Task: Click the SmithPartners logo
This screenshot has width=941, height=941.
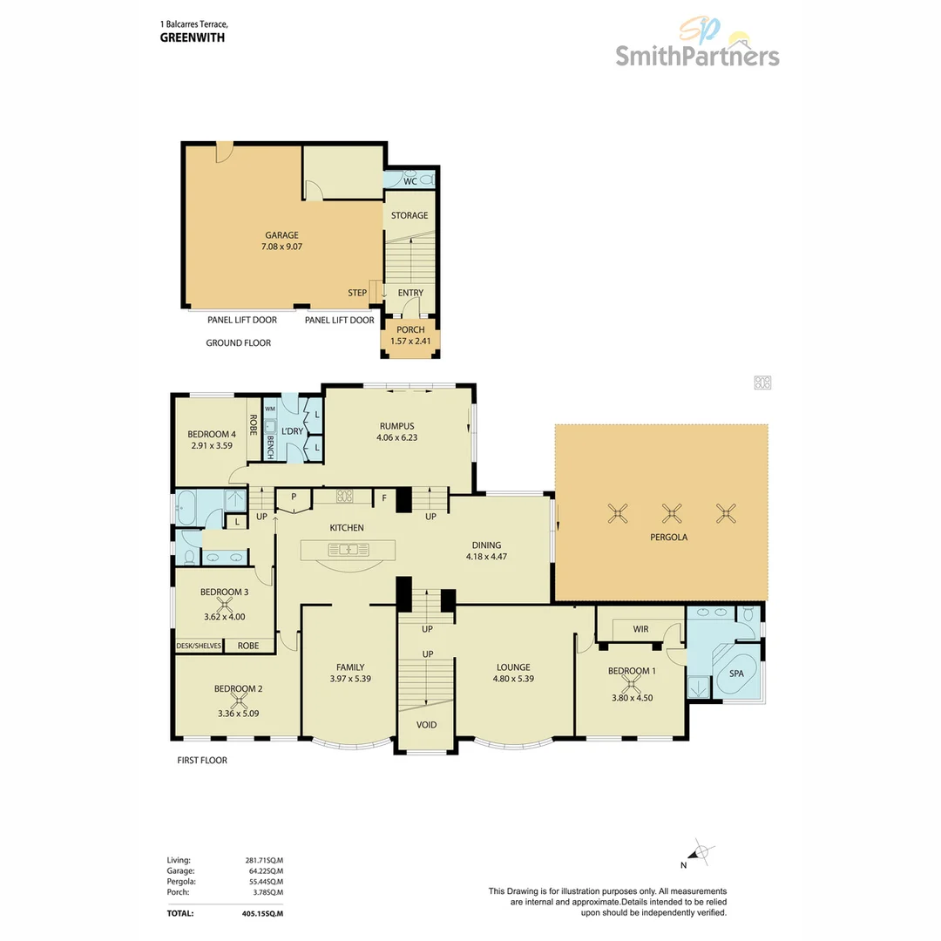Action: point(697,48)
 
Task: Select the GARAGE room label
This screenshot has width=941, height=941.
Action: point(281,235)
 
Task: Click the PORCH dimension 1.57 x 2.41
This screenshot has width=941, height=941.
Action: point(410,342)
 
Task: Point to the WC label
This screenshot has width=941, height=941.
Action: point(410,182)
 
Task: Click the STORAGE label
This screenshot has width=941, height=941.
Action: point(410,215)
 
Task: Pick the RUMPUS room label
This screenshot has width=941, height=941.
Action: point(396,425)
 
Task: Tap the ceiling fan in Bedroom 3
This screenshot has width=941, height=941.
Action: point(225,604)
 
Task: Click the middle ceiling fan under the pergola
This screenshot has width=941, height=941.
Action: point(672,513)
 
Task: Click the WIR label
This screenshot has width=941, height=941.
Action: point(640,628)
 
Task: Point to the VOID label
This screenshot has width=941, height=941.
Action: point(426,725)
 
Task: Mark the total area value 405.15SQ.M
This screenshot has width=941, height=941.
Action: point(264,914)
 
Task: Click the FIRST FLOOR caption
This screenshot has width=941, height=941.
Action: point(201,761)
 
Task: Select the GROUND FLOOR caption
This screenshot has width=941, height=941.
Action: point(238,343)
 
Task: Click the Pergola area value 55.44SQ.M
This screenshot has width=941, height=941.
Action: point(264,882)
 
